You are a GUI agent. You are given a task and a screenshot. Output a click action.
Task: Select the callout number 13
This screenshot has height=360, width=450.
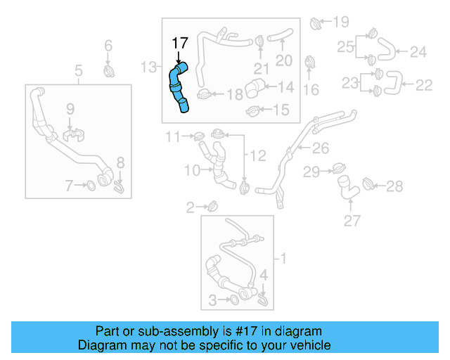(148, 67)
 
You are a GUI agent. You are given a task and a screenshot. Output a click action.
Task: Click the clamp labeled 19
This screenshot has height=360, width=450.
(315, 23)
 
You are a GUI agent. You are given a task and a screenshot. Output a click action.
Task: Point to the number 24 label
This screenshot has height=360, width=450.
(418, 51)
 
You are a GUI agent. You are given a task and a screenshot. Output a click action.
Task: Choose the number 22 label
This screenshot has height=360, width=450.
(423, 85)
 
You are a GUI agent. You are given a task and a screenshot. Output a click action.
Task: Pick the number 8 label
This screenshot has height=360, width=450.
(120, 163)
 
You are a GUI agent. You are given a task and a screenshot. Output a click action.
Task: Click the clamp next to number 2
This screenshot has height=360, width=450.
(212, 206)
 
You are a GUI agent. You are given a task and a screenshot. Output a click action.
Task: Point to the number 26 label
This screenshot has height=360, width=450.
(321, 148)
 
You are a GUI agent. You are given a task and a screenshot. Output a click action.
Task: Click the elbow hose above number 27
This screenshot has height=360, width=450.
(346, 186)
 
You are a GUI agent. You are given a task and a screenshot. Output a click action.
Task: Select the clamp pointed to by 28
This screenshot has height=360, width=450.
(367, 185)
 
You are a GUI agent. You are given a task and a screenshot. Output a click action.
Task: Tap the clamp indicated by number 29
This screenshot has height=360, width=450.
(337, 169)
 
